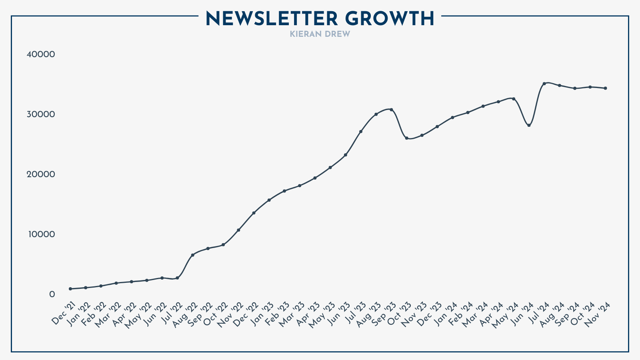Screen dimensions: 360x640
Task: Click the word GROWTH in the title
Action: pyautogui.click(x=389, y=19)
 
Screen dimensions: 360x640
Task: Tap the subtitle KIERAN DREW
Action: pyautogui.click(x=320, y=34)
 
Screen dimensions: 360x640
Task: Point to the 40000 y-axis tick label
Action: pyautogui.click(x=40, y=54)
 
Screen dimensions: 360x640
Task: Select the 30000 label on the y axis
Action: pyautogui.click(x=40, y=114)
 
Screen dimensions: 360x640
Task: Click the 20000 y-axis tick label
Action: pyautogui.click(x=40, y=174)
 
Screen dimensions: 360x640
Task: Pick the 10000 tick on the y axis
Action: pyautogui.click(x=40, y=234)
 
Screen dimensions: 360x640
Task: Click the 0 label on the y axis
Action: pyautogui.click(x=52, y=294)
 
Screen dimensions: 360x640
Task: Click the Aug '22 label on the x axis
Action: pyautogui.click(x=185, y=314)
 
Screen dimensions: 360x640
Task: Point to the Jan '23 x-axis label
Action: pyautogui.click(x=262, y=314)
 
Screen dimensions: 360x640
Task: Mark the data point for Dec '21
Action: pyautogui.click(x=70, y=289)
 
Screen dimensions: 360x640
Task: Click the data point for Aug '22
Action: pyautogui.click(x=192, y=255)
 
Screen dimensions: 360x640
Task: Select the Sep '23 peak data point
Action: pyautogui.click(x=391, y=110)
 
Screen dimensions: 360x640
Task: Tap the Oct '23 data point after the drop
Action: pyautogui.click(x=406, y=138)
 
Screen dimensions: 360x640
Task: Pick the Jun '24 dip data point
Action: pyautogui.click(x=529, y=125)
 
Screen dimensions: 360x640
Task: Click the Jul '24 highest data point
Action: pyautogui.click(x=544, y=84)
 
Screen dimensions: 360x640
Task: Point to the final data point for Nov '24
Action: pyautogui.click(x=605, y=88)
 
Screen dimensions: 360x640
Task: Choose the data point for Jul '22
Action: pyautogui.click(x=177, y=278)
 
